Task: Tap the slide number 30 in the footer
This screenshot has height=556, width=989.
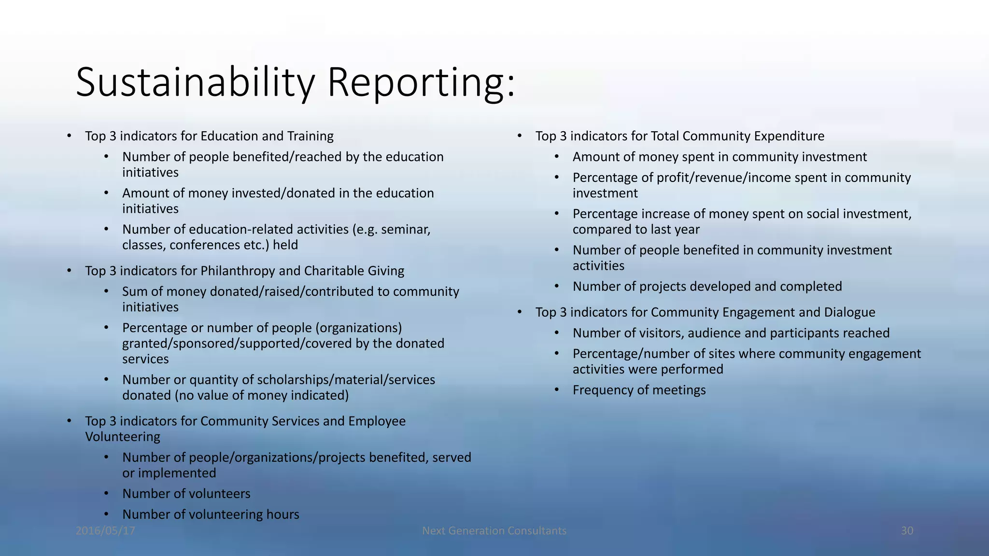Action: [907, 531]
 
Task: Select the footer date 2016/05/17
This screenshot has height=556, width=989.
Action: [105, 531]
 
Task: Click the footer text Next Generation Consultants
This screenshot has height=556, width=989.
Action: [494, 531]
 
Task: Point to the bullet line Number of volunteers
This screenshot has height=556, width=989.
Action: [186, 494]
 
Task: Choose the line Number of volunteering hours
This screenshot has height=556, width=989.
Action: [211, 514]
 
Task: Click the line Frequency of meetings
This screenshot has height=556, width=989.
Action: [639, 390]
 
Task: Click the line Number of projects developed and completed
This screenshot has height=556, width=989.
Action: [707, 287]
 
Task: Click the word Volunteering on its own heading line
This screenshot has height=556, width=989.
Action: [123, 437]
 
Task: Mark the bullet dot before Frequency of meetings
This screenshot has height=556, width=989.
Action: [556, 389]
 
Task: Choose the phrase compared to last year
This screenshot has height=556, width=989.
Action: [636, 230]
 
